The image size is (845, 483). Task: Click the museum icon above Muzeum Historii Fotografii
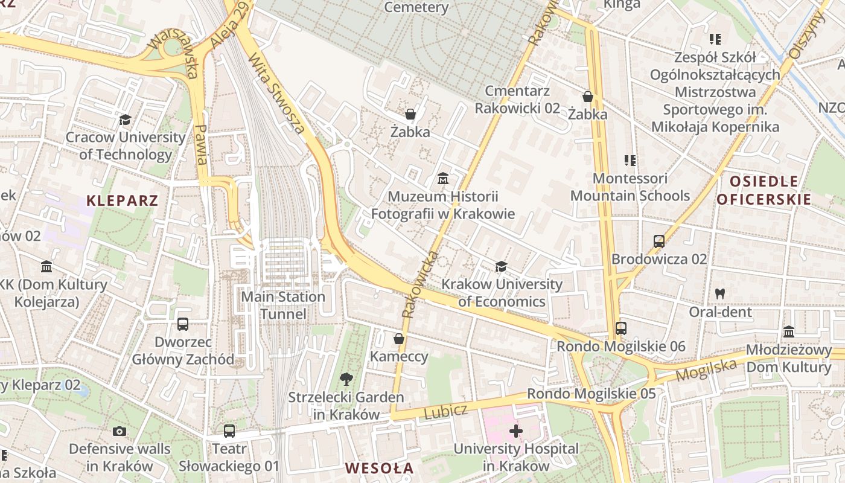tap(443, 179)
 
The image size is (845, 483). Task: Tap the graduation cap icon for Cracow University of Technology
tap(125, 120)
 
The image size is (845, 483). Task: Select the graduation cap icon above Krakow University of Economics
tap(501, 266)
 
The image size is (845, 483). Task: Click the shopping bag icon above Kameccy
tap(398, 339)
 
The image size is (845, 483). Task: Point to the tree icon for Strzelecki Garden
tap(346, 379)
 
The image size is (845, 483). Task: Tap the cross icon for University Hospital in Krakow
tap(515, 430)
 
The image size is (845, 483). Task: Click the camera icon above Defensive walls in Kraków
tap(120, 431)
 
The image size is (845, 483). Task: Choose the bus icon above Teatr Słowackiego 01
tap(229, 431)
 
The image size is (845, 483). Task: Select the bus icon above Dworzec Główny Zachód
tap(183, 324)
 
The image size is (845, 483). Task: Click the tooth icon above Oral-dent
tap(719, 294)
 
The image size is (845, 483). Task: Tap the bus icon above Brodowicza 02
tap(659, 241)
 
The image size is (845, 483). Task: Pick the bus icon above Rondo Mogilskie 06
tap(621, 328)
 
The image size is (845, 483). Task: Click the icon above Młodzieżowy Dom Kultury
tap(789, 332)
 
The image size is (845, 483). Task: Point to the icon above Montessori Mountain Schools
tap(630, 161)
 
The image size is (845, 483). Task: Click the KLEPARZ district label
tap(122, 200)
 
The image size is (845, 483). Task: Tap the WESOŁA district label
tap(380, 468)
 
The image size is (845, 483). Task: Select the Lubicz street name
tap(446, 412)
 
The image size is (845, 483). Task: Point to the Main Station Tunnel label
tap(283, 305)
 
